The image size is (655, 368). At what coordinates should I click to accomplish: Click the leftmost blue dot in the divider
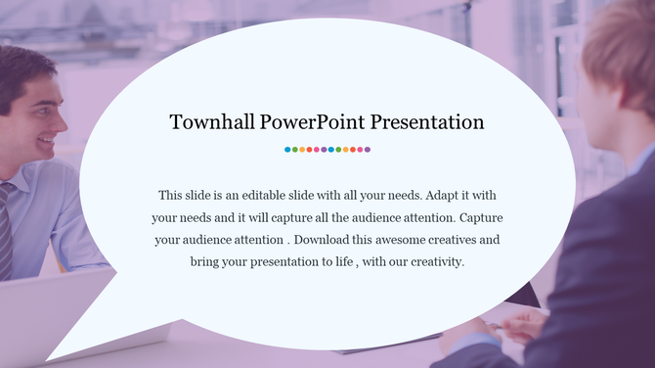tap(287, 150)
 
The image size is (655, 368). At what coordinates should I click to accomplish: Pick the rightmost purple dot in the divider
tap(368, 150)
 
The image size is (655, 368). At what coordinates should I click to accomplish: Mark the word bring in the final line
tap(206, 262)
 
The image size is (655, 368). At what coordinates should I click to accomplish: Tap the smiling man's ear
tap(7, 99)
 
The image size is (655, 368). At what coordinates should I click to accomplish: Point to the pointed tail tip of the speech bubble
tap(48, 359)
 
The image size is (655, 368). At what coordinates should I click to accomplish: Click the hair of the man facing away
tap(626, 39)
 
